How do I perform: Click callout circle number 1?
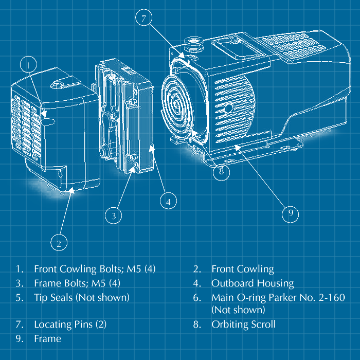pos(29,65)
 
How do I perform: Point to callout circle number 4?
pos(168,201)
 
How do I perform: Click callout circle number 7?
pos(144,19)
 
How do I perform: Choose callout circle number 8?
pos(221,172)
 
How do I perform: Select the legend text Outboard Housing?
pos(252,283)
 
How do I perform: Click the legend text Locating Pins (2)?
pos(70,325)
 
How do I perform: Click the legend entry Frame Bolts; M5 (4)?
pos(77,283)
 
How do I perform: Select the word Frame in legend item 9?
pos(47,338)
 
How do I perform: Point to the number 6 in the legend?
pos(196,297)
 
